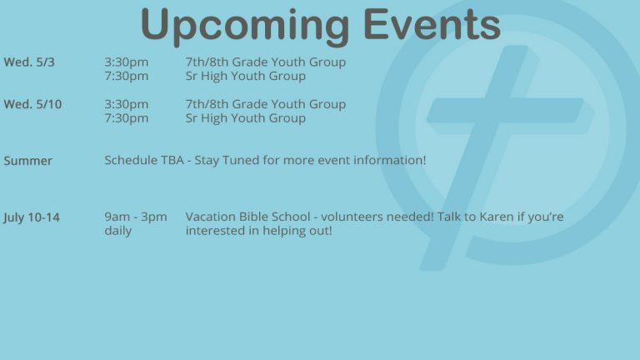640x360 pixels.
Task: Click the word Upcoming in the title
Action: point(245,26)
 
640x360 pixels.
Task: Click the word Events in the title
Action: point(432,23)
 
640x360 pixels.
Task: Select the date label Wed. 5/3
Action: point(29,62)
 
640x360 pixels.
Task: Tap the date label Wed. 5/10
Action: point(32,104)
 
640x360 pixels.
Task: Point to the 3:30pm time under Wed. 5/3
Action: point(127,62)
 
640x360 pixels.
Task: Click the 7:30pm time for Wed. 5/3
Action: point(127,77)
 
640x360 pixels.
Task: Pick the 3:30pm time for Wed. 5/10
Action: point(127,104)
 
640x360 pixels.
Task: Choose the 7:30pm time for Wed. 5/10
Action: point(127,118)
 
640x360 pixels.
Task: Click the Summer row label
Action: point(28,161)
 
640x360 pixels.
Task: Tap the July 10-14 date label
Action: point(32,217)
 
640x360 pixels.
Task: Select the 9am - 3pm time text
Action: point(136,217)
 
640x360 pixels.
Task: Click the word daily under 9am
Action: point(118,231)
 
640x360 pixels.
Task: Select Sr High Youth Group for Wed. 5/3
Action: point(246,77)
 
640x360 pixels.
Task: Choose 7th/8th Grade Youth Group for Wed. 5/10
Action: point(266,104)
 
